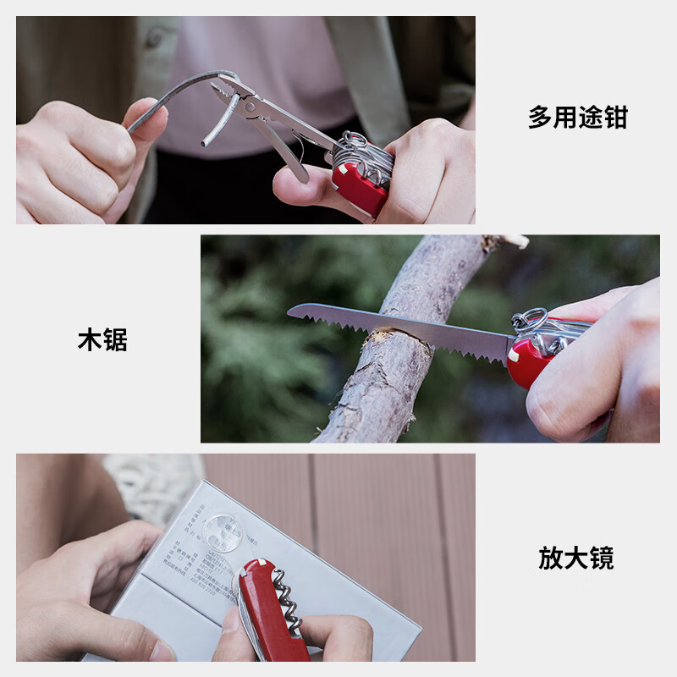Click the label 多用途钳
coord(578,117)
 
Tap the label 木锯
coord(102,340)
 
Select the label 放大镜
coord(576,559)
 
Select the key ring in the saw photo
coord(529,319)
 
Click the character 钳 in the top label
coord(615,117)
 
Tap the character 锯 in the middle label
coord(115,340)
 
